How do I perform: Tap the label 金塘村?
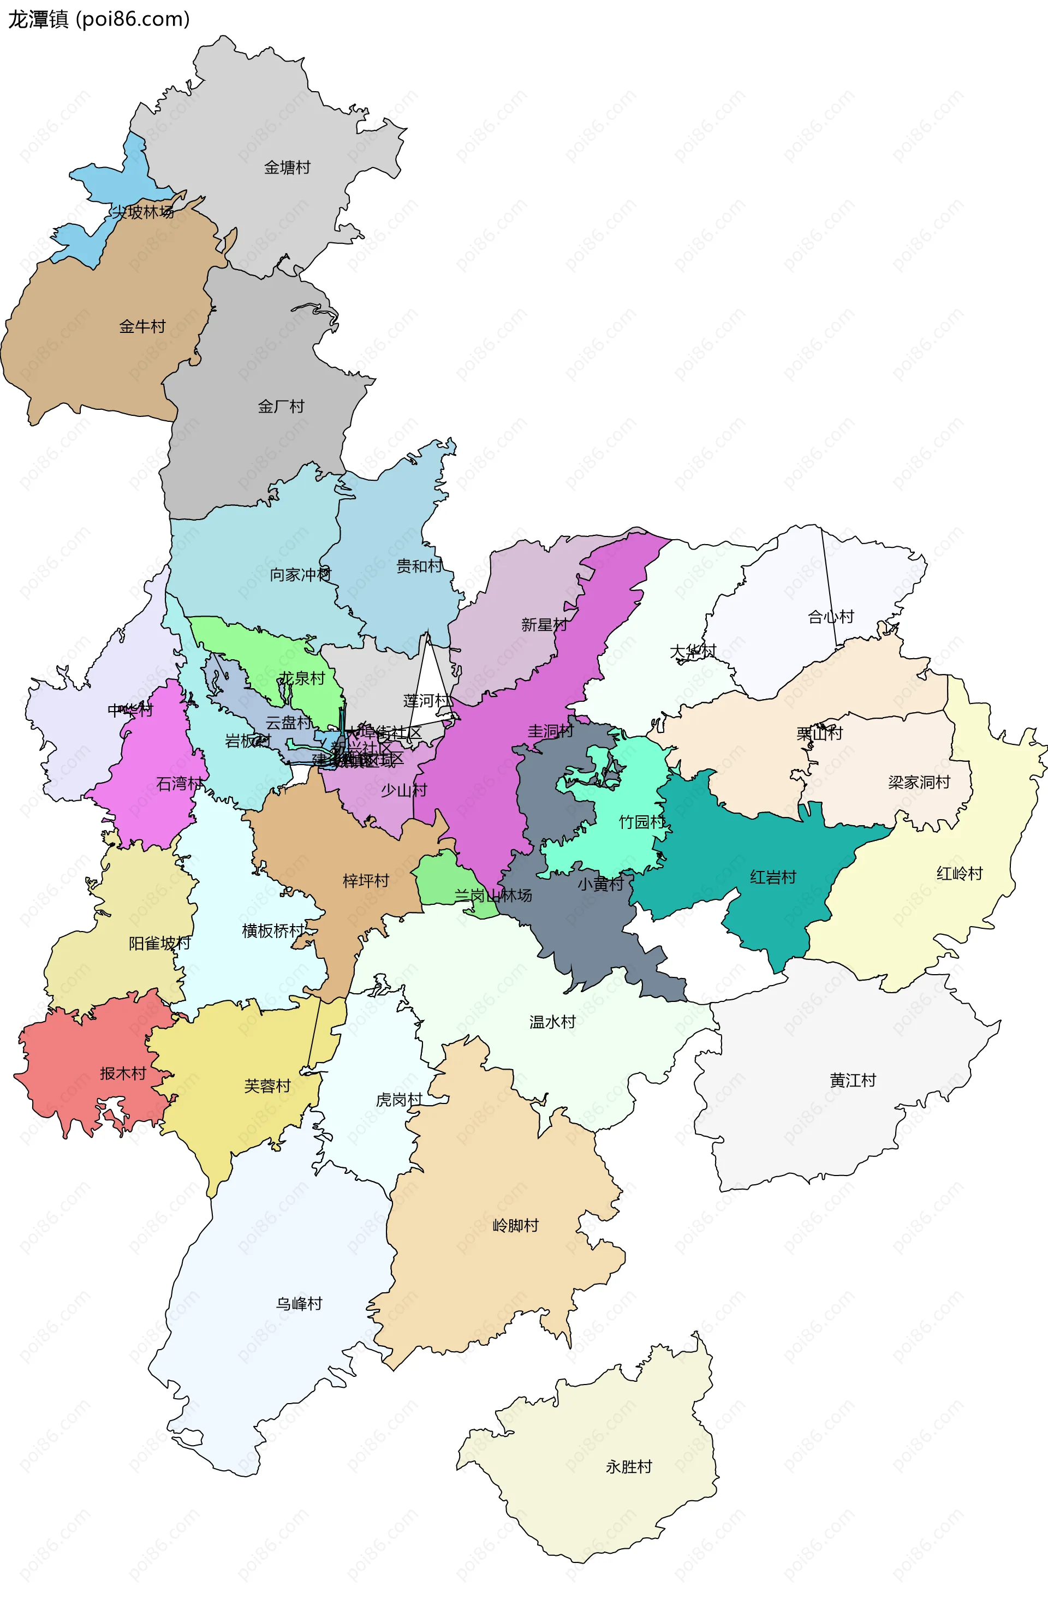pos(287,168)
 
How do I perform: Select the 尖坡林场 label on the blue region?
pos(142,212)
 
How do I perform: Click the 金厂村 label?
pos(281,407)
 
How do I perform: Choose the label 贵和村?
pos(419,566)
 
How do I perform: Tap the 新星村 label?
pos(544,625)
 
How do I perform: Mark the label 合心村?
pos(830,617)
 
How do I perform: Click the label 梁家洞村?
pos(919,782)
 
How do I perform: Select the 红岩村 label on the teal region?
pos(772,878)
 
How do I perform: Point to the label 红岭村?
pos(960,873)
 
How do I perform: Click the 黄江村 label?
pos(853,1081)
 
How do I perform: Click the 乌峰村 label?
pos(299,1303)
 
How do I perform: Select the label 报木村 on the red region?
pos(123,1073)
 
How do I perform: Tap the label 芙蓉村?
pos(267,1087)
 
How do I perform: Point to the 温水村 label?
pos(552,1022)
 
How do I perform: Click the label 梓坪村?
pos(366,881)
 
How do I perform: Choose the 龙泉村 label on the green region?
pos(302,678)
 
